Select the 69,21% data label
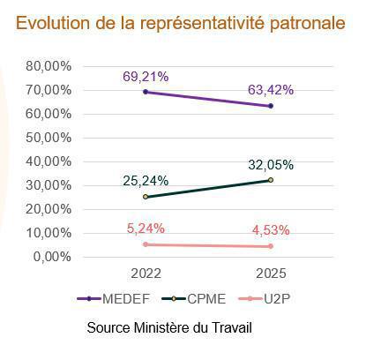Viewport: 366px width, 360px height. tap(145, 77)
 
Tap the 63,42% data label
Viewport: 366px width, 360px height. tap(270, 90)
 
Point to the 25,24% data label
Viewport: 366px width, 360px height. tap(145, 181)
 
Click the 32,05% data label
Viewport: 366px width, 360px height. tap(270, 165)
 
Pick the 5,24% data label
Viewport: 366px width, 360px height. tap(145, 229)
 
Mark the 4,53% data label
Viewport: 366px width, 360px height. tap(270, 231)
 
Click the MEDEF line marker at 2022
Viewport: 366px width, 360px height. tap(145, 92)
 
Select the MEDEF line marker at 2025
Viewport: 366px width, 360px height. tap(270, 106)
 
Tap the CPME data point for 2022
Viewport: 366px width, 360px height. tap(145, 197)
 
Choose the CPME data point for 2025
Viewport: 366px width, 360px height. tap(270, 180)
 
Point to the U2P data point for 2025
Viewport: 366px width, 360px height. tap(270, 246)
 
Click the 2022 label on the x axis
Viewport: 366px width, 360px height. tap(145, 273)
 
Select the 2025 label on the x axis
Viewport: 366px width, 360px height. tap(270, 273)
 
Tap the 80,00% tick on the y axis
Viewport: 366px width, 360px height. tap(49, 66)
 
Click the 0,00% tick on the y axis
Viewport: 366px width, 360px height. tap(52, 257)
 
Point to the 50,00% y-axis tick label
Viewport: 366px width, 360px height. tap(49, 138)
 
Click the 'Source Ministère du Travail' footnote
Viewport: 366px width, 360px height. tap(170, 327)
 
